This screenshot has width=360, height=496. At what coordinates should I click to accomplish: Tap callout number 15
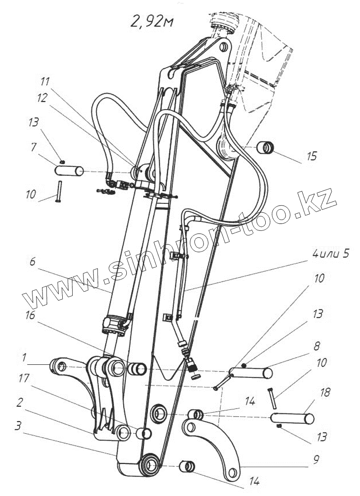311,156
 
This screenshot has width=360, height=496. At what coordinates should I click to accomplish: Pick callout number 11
45,82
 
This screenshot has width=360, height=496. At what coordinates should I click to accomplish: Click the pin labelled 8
251,373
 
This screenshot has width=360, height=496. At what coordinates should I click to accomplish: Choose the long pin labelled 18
292,418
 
